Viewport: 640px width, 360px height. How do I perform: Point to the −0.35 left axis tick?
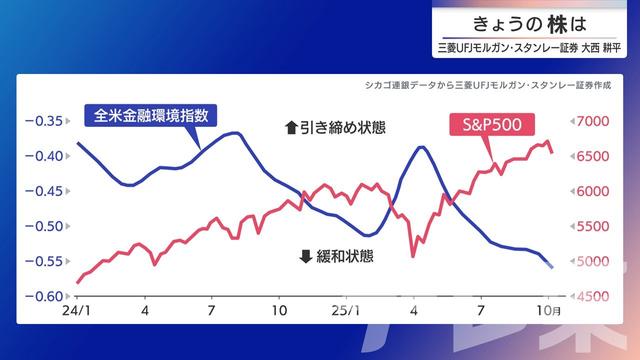point(47,121)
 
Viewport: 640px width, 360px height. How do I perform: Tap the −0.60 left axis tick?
point(47,297)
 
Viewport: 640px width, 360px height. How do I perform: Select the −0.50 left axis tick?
point(47,226)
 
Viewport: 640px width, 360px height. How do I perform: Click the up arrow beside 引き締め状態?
point(291,128)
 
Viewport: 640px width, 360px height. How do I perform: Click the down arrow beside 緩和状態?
point(306,256)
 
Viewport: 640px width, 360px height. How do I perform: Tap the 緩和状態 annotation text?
point(345,256)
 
